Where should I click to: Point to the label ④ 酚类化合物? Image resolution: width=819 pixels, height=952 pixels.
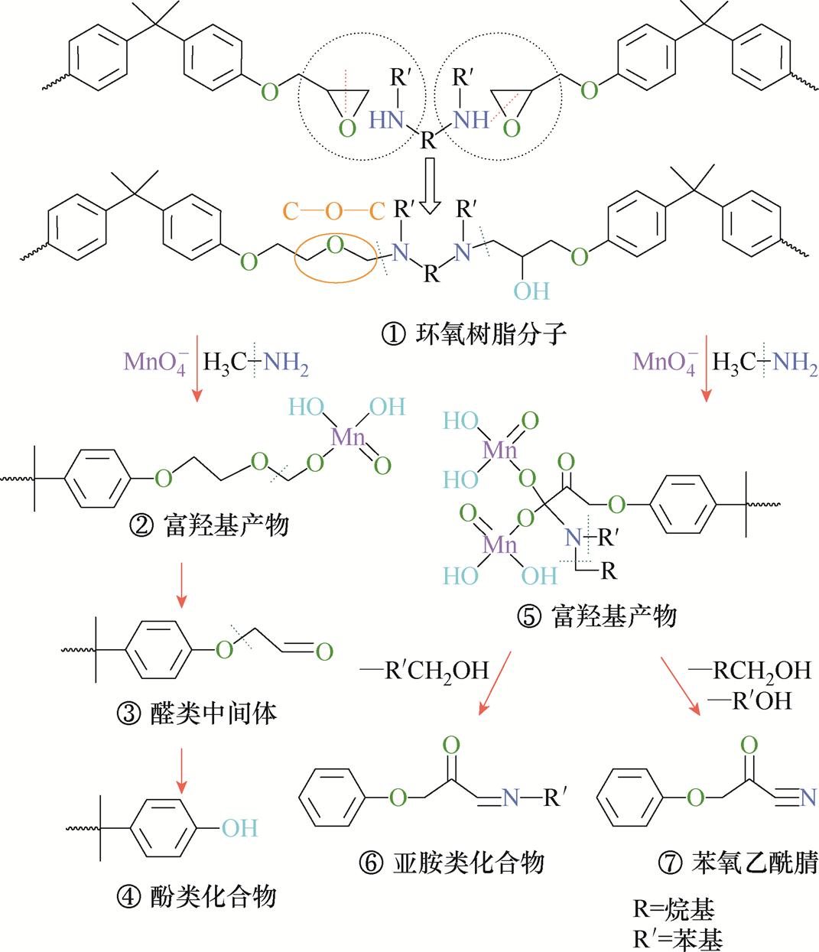tap(197, 895)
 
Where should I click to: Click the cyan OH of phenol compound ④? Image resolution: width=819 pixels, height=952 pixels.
tap(239, 827)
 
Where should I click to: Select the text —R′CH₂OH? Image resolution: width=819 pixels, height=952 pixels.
tap(423, 671)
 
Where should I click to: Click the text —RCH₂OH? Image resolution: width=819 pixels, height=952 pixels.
tap(749, 671)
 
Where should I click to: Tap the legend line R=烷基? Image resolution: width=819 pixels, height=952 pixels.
tap(674, 910)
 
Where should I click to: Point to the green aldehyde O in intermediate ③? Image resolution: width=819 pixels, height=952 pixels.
tap(323, 652)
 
